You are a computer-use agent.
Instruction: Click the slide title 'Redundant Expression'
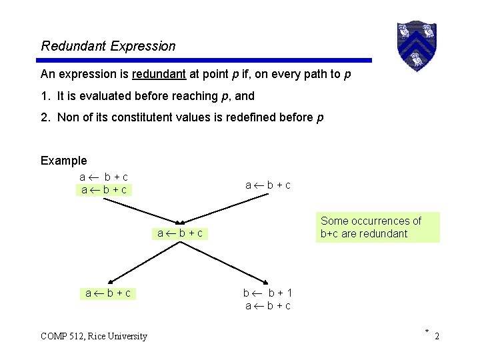(x=108, y=46)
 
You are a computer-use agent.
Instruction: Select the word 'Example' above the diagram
(x=63, y=160)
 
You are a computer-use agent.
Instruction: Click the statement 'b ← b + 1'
(x=267, y=293)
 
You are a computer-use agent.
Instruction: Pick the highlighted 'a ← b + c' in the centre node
(x=180, y=233)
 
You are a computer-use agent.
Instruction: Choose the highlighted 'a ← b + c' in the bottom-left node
(x=108, y=293)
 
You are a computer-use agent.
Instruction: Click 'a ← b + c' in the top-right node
(x=267, y=185)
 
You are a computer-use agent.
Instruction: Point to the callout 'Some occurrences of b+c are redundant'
(x=377, y=227)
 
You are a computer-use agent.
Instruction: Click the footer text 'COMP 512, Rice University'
(x=94, y=336)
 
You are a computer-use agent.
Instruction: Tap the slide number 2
(x=437, y=337)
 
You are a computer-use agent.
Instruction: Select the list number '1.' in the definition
(x=45, y=96)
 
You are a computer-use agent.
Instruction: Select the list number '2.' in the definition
(x=45, y=117)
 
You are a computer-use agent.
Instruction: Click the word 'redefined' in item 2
(x=273, y=117)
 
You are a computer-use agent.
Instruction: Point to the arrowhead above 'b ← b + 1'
(x=266, y=282)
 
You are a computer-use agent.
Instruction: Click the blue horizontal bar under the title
(x=205, y=60)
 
